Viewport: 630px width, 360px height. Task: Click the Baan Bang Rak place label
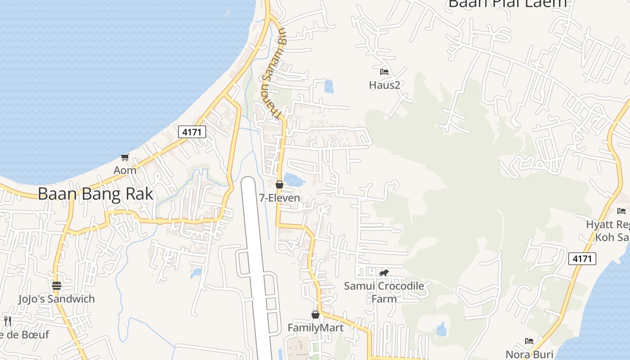[95, 194]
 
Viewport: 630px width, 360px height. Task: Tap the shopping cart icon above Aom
[125, 157]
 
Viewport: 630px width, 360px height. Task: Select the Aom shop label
[125, 171]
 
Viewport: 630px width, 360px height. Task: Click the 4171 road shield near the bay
[192, 132]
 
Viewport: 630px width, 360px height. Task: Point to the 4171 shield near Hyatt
[582, 259]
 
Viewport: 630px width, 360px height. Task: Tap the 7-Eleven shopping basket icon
[279, 184]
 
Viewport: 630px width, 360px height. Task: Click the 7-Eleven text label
[279, 198]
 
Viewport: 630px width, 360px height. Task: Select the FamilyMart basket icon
[315, 315]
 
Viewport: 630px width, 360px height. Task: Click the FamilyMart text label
[315, 328]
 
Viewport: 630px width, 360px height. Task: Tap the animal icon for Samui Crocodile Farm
[384, 273]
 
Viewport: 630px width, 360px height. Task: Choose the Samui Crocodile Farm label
[384, 292]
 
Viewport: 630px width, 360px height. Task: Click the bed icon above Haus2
[384, 72]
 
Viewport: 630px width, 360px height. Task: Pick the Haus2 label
[384, 85]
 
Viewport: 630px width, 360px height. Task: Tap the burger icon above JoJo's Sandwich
[56, 286]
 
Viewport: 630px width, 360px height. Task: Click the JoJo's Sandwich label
[56, 299]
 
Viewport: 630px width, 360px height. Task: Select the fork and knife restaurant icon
[8, 321]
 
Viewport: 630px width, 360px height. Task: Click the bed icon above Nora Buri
[529, 341]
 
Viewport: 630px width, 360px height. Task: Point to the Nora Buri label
[529, 354]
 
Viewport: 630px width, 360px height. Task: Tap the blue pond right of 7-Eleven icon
[294, 180]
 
